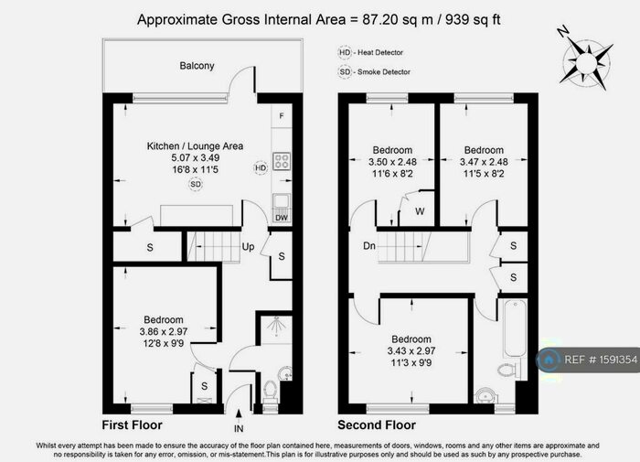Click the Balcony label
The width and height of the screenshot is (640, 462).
click(x=196, y=66)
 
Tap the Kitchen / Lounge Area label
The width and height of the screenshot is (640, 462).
click(x=195, y=145)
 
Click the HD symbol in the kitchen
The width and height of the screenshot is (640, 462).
click(x=261, y=167)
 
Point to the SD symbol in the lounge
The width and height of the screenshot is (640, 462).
click(x=195, y=184)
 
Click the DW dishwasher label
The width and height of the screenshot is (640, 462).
click(x=282, y=218)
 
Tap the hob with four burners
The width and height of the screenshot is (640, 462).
click(x=283, y=162)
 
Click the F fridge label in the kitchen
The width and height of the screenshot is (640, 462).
click(x=282, y=116)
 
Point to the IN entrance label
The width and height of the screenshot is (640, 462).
click(x=239, y=427)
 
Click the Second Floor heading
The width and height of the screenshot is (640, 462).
click(x=377, y=425)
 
